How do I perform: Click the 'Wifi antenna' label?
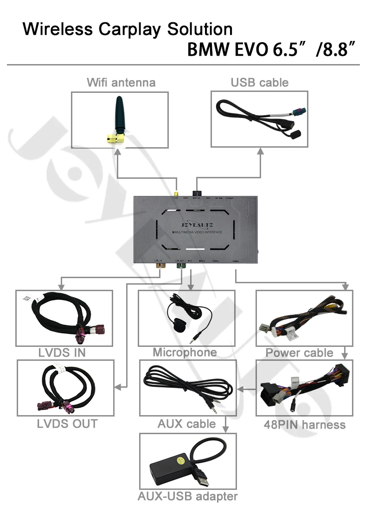pos(121,83)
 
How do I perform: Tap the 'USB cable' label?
pos(259,83)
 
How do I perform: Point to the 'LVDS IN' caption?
pos(62,352)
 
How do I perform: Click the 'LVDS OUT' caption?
pos(67,423)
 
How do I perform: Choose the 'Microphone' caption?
pos(185,352)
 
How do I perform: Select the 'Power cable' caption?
pos(299,353)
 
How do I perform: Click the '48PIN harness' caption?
pos(305,424)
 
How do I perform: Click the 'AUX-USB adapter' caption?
pos(187,496)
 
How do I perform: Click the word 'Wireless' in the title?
pos(58,29)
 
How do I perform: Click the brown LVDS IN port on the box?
pos(160,266)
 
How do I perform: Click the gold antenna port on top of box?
pos(176,194)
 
